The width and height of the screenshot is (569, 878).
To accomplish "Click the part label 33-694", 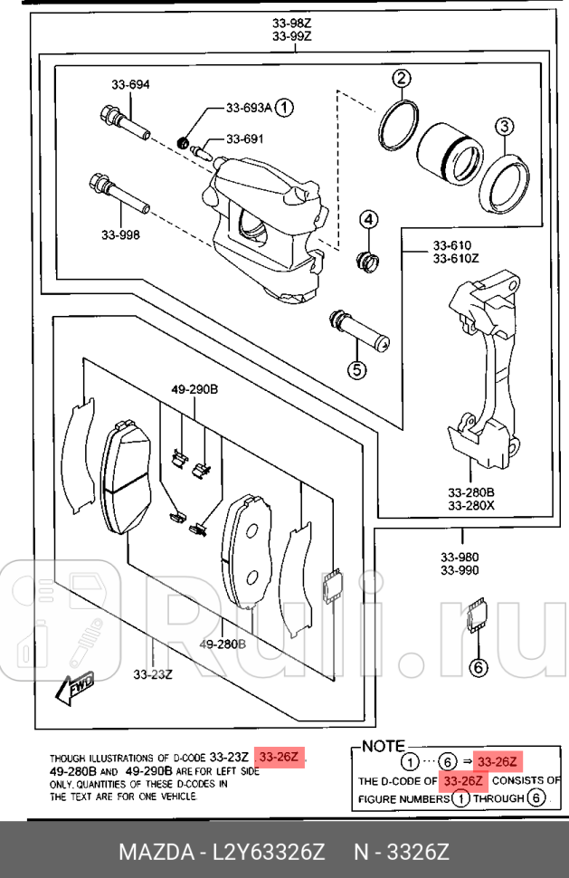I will point(130,85).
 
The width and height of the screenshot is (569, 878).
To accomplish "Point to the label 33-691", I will point(244,139).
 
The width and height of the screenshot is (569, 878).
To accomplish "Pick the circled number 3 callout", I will point(504,126).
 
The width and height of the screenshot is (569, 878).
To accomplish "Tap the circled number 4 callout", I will point(369,220).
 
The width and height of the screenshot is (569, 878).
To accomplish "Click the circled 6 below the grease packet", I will point(478,669).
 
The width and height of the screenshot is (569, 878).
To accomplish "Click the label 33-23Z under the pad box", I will point(153,673).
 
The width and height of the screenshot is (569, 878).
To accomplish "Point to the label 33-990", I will point(460,570).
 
